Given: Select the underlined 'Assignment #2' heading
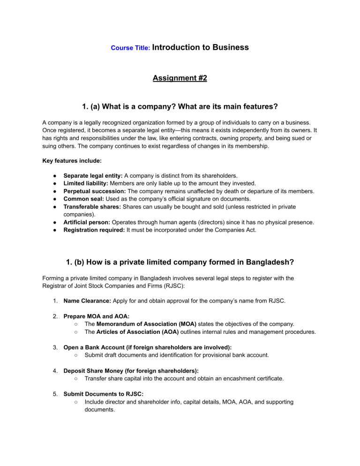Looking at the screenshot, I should coord(180,78).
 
